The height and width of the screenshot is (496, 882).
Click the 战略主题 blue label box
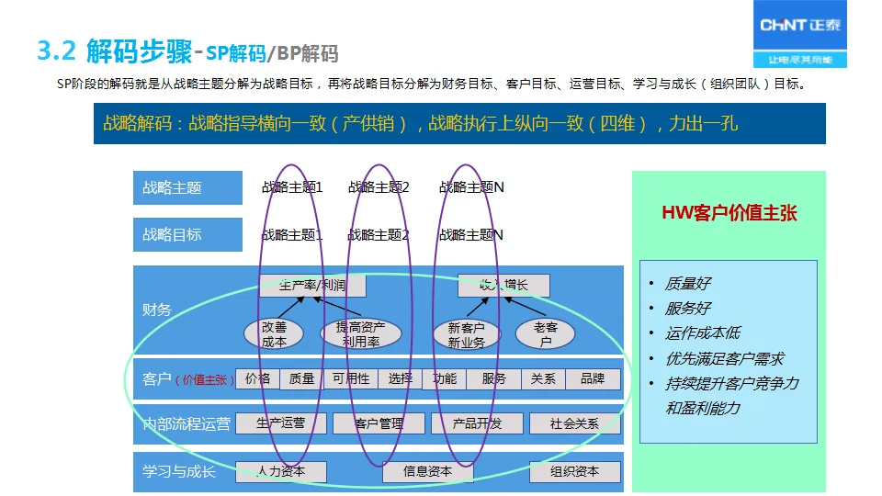[187, 187]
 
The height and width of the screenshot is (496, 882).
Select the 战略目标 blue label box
[187, 234]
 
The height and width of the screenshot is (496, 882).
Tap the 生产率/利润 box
[312, 286]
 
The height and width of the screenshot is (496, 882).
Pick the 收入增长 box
[503, 286]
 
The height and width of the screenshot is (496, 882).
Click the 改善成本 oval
[274, 334]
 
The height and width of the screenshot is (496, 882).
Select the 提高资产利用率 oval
[360, 334]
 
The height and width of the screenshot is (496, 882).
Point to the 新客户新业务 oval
[467, 334]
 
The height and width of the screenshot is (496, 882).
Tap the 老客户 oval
[546, 334]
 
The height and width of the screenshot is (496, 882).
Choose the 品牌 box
[592, 378]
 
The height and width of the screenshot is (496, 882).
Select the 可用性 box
[351, 378]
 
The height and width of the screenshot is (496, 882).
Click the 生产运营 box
[281, 423]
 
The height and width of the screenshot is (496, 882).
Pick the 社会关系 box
[574, 423]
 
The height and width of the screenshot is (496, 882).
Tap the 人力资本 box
[281, 471]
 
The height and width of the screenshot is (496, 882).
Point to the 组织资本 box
[574, 471]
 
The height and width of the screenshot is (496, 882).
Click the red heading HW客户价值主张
[729, 214]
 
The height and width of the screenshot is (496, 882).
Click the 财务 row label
[157, 310]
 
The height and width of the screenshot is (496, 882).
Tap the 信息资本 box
[427, 471]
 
